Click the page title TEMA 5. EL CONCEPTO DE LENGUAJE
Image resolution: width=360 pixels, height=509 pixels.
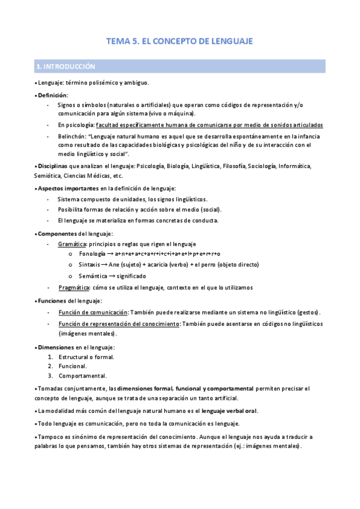pos(179,41)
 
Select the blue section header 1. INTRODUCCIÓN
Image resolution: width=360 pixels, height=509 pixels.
pos(66,66)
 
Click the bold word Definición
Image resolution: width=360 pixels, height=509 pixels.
pos(52,95)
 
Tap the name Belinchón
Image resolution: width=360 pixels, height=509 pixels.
pos(73,136)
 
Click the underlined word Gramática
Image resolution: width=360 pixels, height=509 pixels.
pos(72,244)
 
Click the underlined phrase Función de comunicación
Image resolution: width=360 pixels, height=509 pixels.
pos(93,313)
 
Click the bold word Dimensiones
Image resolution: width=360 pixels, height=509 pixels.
pos(55,347)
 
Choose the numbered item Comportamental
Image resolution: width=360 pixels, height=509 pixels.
pos(82,376)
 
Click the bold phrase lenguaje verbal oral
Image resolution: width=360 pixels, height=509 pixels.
pos(229,411)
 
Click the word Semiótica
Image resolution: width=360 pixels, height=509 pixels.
pos(49,176)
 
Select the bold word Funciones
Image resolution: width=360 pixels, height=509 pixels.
pos(52,301)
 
